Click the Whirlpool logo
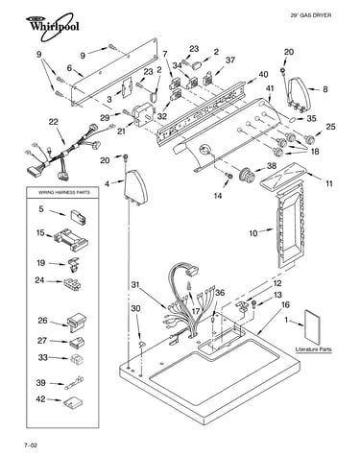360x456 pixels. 53,26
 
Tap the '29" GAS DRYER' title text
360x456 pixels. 310,15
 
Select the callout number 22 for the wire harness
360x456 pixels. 54,122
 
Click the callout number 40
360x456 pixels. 263,74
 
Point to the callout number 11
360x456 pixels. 329,183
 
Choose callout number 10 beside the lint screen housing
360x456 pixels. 253,233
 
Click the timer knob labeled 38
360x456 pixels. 248,175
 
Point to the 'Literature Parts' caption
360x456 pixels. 313,349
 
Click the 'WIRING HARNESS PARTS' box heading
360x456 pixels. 64,192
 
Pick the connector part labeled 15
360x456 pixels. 71,239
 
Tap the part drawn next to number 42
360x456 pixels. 72,402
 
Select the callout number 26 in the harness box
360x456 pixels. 42,321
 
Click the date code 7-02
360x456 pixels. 31,444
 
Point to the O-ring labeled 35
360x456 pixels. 293,120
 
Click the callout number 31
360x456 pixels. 135,284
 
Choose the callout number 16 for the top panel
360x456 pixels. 285,304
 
